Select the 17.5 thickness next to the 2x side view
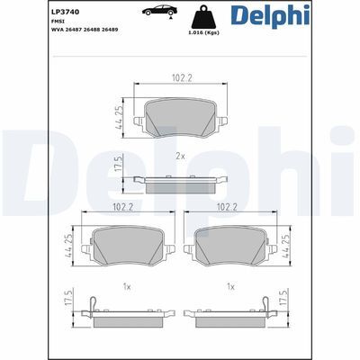tap(118, 169)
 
